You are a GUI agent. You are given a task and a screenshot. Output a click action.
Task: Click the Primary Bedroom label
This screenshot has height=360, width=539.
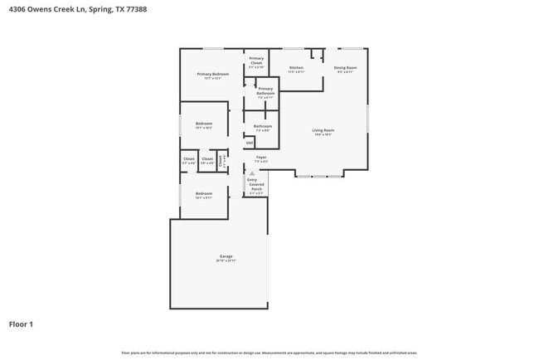212,75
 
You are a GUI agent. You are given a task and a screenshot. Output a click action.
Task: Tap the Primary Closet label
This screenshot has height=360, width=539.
256,61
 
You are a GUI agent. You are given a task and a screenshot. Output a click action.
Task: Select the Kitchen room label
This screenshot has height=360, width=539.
296,68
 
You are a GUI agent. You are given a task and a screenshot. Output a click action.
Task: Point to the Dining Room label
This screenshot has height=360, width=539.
346,68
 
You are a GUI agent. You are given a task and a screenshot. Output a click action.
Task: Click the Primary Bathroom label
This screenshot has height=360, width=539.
265,91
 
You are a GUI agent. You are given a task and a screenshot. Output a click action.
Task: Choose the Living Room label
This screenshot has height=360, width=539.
323,131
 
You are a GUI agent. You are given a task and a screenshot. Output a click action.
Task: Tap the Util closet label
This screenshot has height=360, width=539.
249,143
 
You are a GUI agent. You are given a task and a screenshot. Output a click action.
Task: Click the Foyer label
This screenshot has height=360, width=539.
260,157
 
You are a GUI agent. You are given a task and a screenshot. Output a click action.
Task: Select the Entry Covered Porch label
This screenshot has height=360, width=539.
256,184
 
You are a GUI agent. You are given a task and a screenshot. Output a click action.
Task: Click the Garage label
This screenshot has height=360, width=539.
226,257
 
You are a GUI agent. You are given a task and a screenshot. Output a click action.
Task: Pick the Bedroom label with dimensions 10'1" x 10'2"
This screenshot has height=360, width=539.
204,124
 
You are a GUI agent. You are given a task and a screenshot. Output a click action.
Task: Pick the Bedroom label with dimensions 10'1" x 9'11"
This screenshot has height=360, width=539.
204,195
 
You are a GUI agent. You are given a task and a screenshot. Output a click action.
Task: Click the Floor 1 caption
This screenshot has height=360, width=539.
22,324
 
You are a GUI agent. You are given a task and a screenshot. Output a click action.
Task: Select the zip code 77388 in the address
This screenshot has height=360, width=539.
124,11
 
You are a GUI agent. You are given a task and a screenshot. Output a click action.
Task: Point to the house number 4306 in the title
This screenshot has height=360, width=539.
16,11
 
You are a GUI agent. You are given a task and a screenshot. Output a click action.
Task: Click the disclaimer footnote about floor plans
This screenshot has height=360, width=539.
269,353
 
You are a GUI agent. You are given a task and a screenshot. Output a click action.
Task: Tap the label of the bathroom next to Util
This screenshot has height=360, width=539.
263,128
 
